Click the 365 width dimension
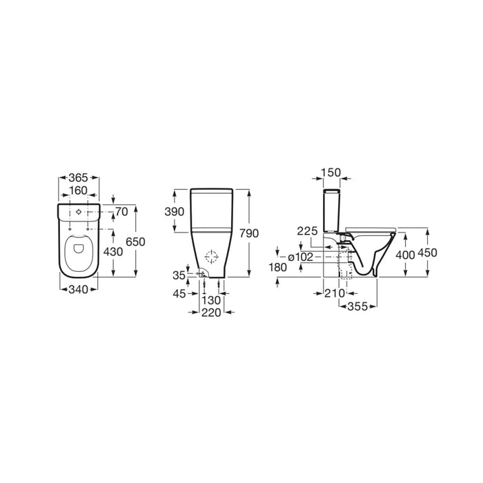pos(78,178)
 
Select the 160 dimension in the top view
pos(78,190)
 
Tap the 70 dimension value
pos(121,212)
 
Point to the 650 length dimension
pos(135,241)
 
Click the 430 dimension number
pos(113,252)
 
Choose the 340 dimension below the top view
pos(78,290)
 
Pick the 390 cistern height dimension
pos(175,212)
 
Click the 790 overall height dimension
pos(249,233)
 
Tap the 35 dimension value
pos(179,275)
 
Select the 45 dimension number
pos(179,293)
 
